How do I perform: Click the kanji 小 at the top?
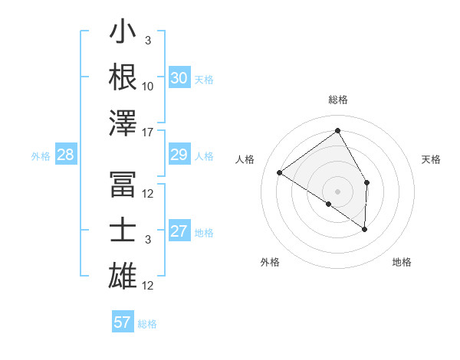(x=123, y=34)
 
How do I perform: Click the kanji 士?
(x=123, y=231)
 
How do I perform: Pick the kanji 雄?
(x=123, y=277)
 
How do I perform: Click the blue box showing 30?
(x=179, y=78)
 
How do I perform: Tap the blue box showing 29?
(x=179, y=155)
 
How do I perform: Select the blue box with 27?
(x=179, y=232)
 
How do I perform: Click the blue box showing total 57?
(x=123, y=322)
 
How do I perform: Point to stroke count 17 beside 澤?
(x=149, y=132)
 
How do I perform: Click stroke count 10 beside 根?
(x=149, y=86)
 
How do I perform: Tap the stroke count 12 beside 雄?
(x=149, y=286)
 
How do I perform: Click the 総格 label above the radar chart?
(x=338, y=100)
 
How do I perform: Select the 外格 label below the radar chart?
(x=270, y=263)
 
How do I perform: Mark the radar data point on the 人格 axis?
(x=280, y=172)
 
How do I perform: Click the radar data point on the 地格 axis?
(x=365, y=229)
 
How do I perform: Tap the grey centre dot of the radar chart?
(x=338, y=191)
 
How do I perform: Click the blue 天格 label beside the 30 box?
(x=204, y=80)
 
